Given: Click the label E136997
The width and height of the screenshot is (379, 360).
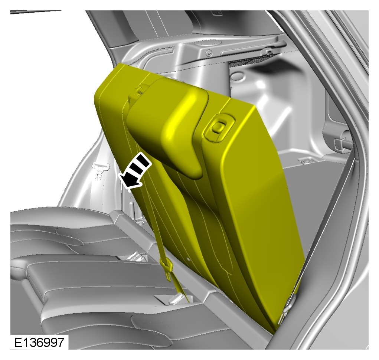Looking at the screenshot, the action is click(x=39, y=342).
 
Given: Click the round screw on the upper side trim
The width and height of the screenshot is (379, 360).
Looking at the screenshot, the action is click(x=209, y=52).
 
